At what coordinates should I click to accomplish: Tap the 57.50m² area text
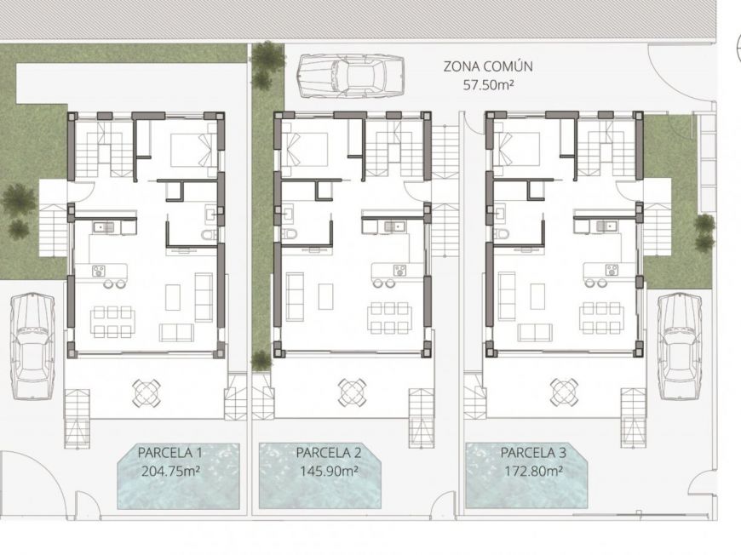[488, 85]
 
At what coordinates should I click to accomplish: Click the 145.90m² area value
[329, 469]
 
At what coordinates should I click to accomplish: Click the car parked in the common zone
[352, 75]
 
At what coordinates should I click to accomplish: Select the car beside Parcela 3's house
[680, 345]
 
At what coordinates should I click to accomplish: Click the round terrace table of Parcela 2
[352, 392]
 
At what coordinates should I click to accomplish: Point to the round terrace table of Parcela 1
[146, 392]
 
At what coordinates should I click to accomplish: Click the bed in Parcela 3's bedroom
[516, 149]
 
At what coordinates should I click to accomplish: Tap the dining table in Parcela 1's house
[113, 321]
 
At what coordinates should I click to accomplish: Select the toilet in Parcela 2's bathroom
[290, 232]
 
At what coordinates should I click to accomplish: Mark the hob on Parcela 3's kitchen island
[611, 270]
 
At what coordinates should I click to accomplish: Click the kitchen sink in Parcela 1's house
[105, 226]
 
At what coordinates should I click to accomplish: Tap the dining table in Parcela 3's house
[600, 317]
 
